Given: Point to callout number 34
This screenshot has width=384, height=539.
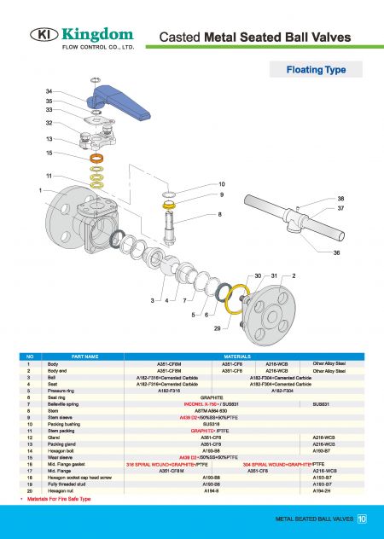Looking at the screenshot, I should point(49,91).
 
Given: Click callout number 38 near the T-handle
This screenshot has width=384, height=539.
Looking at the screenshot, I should point(340,197).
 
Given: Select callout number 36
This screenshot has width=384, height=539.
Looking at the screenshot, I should point(336,253).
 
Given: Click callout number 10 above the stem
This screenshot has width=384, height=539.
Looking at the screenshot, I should point(221,184).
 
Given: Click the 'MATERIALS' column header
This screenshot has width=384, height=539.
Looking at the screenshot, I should point(236,356).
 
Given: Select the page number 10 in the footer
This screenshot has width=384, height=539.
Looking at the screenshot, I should point(362,518).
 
